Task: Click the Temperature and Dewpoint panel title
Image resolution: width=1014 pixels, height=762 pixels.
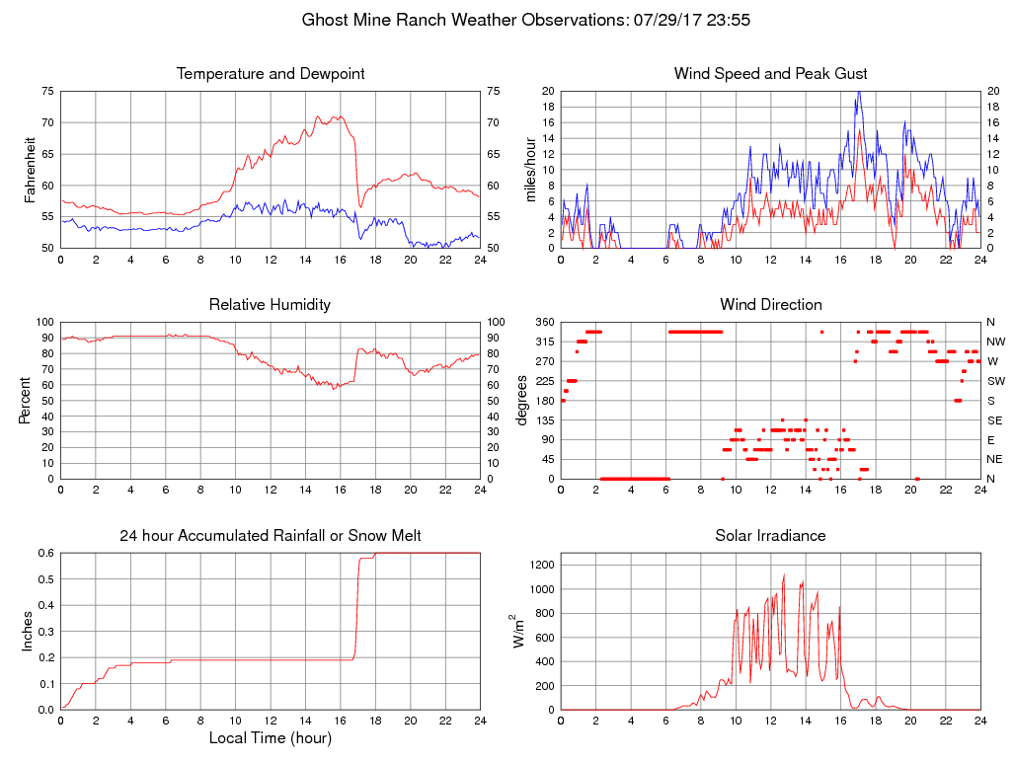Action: pos(270,74)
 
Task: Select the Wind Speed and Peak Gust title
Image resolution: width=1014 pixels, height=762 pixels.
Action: pos(770,74)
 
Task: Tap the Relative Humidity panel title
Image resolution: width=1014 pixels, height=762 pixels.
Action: pos(270,304)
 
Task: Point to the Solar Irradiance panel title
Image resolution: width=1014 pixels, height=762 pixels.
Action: pos(770,536)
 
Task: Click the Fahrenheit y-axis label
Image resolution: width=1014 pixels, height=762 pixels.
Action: pos(31,169)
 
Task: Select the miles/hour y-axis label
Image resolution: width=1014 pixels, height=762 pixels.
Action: pos(530,169)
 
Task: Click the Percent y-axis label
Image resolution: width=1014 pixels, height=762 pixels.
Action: pos(27,400)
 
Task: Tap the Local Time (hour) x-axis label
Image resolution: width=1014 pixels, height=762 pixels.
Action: pos(270,738)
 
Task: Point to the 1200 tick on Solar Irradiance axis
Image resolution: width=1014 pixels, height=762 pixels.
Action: pos(541,566)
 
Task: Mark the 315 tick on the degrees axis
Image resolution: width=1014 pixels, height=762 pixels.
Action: pos(543,342)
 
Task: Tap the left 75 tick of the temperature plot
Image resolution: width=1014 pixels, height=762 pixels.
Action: pos(48,91)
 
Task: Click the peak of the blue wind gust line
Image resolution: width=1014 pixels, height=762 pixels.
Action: pos(859,92)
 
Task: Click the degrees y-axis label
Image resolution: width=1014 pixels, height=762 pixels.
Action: pos(521,400)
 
